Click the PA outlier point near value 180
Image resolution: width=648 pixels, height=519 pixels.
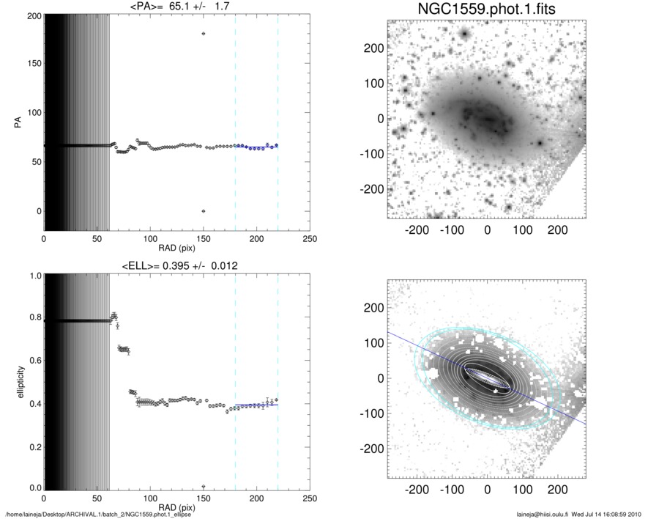204,34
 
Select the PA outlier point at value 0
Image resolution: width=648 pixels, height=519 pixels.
204,211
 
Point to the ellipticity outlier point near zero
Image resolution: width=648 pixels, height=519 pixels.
204,486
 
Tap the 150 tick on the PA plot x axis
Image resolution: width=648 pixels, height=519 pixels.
204,239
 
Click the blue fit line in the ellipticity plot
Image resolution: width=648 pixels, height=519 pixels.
256,405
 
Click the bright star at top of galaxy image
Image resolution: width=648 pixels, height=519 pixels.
464,34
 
